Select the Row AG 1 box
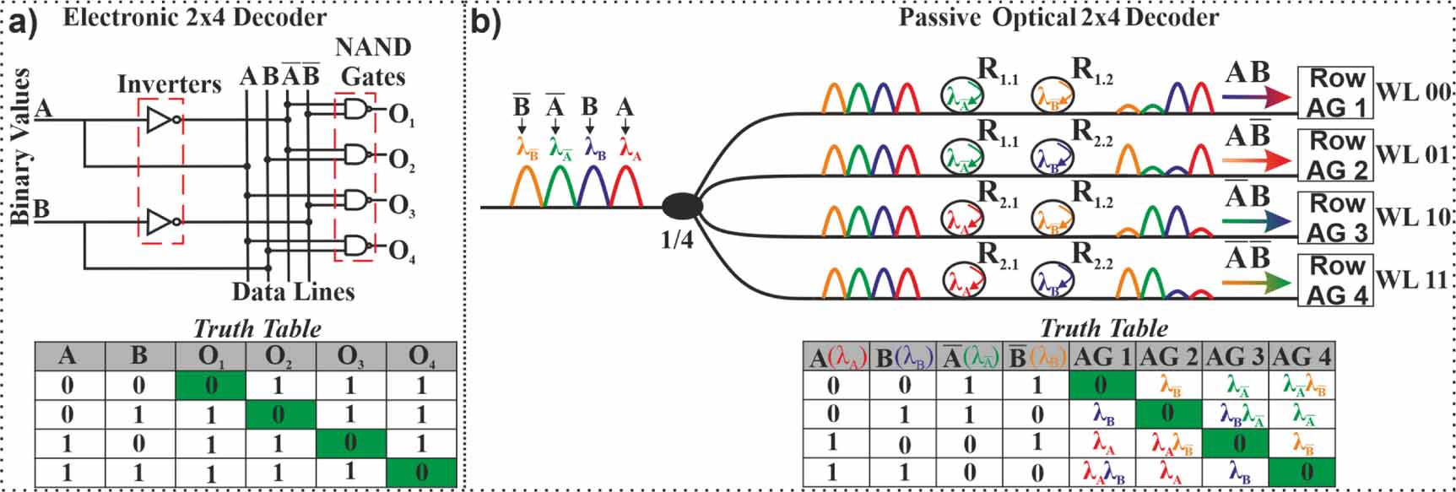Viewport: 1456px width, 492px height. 1336,93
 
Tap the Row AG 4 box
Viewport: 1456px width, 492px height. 1336,281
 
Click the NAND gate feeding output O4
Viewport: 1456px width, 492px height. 356,246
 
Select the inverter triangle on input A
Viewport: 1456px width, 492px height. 160,121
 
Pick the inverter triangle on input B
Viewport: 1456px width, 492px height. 160,223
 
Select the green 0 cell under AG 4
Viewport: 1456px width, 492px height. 1301,472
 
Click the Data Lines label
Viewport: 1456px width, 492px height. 293,292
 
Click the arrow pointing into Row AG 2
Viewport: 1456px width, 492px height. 1258,162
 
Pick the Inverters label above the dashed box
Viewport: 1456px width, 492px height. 169,84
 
